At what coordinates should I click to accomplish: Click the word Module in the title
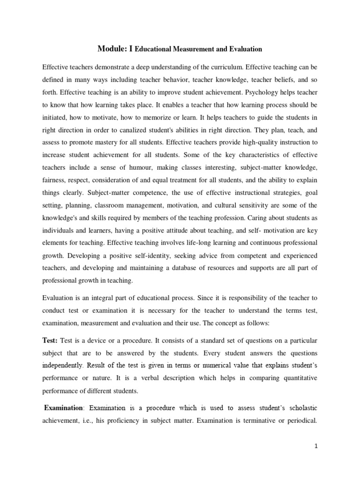[111, 48]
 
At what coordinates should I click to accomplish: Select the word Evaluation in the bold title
[245, 49]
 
